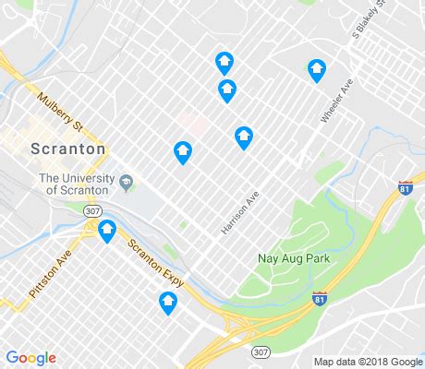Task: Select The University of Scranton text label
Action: coord(75,184)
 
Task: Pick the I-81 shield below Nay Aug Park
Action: coord(320,299)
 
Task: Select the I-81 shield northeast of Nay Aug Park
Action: coord(405,187)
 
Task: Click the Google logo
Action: coord(30,358)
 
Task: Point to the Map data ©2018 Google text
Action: coord(366,361)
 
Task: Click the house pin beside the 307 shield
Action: coord(107,230)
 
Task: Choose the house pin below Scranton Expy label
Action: coord(167,302)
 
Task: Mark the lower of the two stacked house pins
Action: coord(226,90)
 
